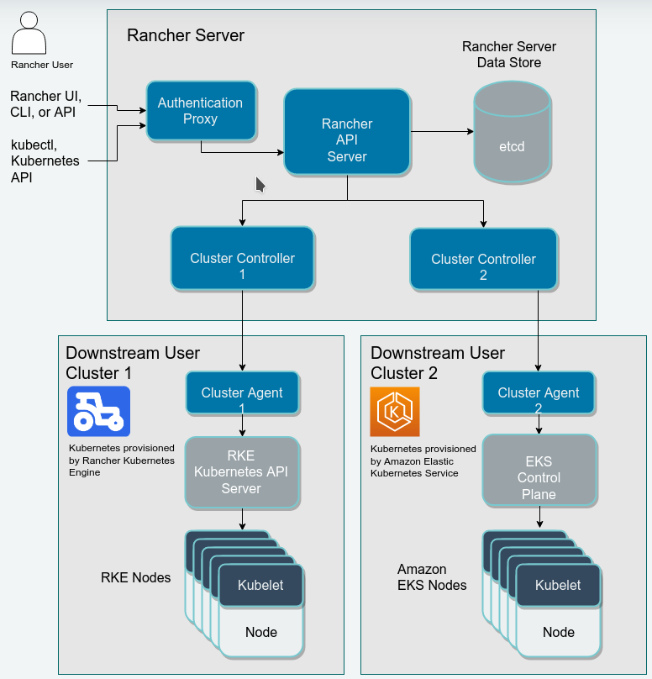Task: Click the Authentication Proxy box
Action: tap(200, 111)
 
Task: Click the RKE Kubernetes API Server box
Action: tap(242, 472)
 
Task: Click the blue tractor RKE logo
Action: tap(98, 411)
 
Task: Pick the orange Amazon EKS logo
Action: tap(394, 411)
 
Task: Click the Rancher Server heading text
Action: tap(186, 35)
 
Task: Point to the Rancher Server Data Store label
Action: tap(509, 55)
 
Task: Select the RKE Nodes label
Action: tap(135, 577)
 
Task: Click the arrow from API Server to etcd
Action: tap(442, 132)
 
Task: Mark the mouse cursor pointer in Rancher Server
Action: tap(260, 184)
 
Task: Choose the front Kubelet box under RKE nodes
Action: tap(260, 585)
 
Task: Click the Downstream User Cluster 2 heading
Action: tap(438, 362)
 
